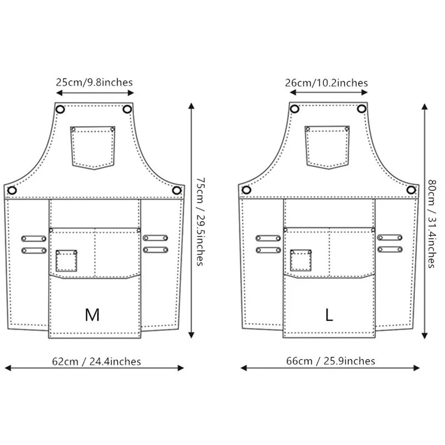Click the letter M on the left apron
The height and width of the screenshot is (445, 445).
(x=92, y=315)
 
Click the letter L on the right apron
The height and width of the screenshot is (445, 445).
(x=329, y=315)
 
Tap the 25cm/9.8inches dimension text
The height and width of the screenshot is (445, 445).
(x=94, y=82)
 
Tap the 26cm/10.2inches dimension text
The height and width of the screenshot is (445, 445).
(x=326, y=83)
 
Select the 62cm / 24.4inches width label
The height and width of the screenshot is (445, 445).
(x=97, y=362)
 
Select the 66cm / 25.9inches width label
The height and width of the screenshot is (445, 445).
(x=331, y=361)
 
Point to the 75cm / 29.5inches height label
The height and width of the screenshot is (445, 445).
(x=201, y=222)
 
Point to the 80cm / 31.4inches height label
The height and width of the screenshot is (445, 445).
(x=432, y=224)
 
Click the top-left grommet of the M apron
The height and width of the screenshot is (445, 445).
(x=60, y=109)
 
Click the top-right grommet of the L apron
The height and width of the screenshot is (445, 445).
(x=362, y=109)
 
